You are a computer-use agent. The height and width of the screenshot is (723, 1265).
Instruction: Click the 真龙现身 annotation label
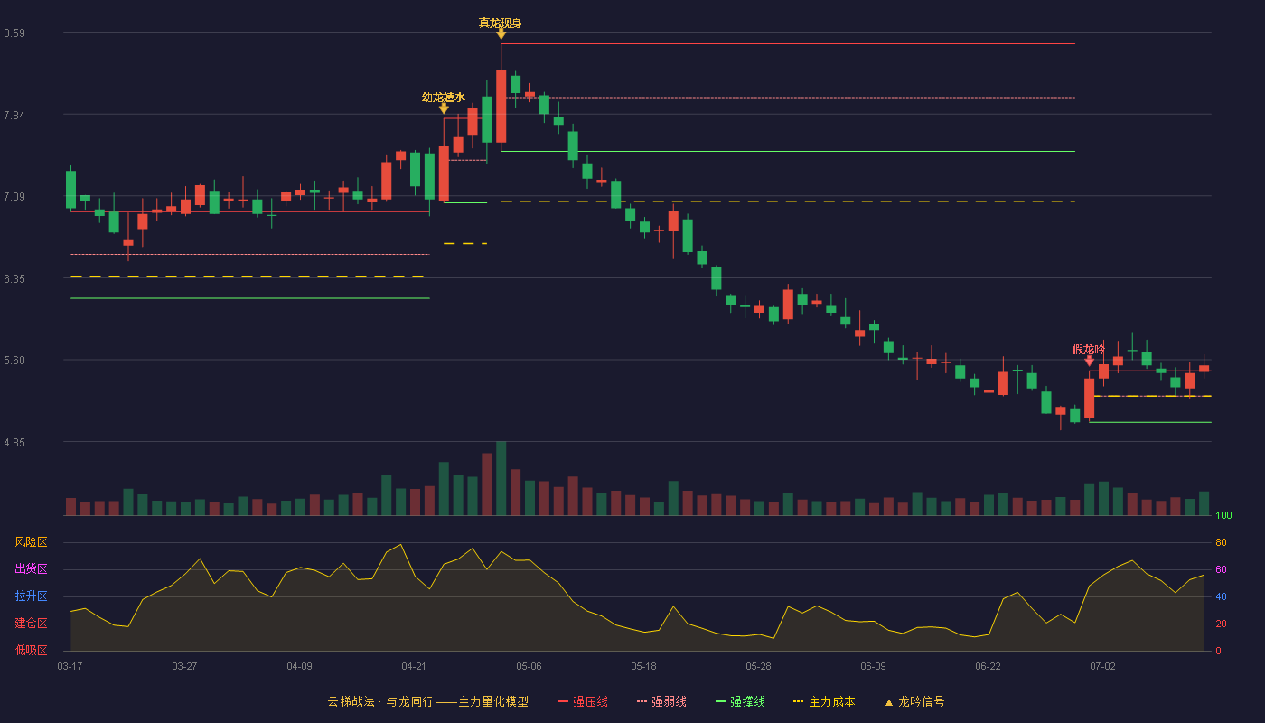(501, 23)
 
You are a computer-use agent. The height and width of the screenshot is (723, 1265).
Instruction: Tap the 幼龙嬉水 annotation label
(444, 98)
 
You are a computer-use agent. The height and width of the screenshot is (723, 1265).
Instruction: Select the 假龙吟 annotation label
(1088, 349)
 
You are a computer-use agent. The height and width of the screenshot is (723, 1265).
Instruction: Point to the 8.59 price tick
(14, 33)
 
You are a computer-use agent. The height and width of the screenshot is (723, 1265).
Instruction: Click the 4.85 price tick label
(14, 442)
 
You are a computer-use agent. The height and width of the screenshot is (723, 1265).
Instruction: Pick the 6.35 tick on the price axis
(14, 279)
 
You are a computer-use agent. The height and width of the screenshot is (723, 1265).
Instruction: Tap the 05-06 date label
(529, 667)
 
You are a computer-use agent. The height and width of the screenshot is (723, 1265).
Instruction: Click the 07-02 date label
(1102, 667)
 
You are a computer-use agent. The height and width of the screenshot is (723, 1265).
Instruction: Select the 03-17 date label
(70, 667)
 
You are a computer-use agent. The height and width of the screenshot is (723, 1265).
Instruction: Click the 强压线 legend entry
(583, 701)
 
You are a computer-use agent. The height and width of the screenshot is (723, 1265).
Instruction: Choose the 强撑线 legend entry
(740, 701)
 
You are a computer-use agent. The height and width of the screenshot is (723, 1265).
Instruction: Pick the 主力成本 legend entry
(824, 701)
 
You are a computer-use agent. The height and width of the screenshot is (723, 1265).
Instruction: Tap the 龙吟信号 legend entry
(914, 701)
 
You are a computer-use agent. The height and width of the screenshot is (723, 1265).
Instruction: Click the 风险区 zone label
(31, 541)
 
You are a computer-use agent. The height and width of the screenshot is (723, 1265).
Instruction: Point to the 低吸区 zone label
(31, 650)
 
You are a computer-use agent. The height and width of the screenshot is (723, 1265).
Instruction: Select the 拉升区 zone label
(31, 596)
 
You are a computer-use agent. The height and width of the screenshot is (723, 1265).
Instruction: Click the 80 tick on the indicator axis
(1221, 542)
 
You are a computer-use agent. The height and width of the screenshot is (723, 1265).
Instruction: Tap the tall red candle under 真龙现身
(501, 107)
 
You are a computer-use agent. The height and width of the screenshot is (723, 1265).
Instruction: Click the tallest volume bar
(501, 478)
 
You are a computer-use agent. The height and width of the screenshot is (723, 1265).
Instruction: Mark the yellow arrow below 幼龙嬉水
(444, 108)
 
